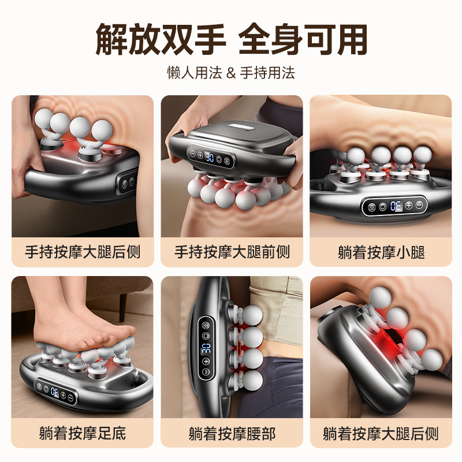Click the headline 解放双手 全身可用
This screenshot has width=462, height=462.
pyautogui.click(x=231, y=39)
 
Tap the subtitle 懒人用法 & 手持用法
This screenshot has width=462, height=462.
pyautogui.click(x=231, y=73)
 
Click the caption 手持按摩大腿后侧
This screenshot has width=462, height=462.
pyautogui.click(x=83, y=252)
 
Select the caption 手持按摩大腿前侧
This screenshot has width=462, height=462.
pyautogui.click(x=232, y=252)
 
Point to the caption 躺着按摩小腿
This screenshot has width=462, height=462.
pyautogui.click(x=381, y=252)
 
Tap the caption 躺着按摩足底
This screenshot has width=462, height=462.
pyautogui.click(x=83, y=433)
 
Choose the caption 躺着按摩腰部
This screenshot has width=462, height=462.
pyautogui.click(x=232, y=433)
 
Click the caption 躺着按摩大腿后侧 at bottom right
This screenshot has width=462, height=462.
pyautogui.click(x=381, y=433)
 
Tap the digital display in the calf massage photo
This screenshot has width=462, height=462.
pyautogui.click(x=396, y=205)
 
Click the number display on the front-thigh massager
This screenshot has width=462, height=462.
pyautogui.click(x=211, y=155)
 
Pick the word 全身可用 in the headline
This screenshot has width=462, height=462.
pyautogui.click(x=303, y=39)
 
